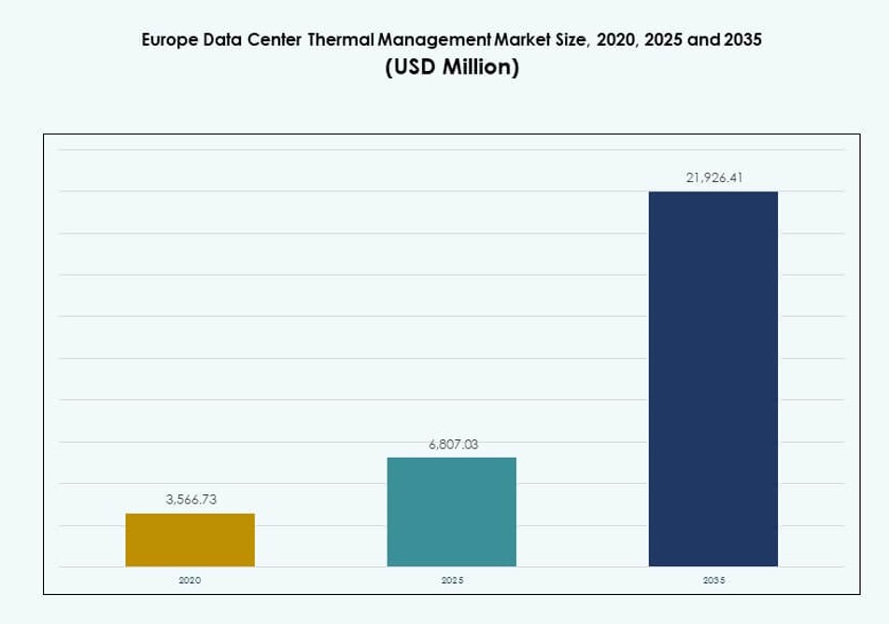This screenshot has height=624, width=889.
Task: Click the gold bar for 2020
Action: [x=190, y=540]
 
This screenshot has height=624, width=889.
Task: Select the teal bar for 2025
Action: [x=451, y=512]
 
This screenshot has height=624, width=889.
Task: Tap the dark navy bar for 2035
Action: [x=713, y=378]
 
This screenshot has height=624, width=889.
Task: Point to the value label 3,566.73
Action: [x=190, y=500]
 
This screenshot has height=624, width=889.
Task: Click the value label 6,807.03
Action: [x=453, y=445]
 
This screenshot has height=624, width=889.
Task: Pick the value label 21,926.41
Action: [x=713, y=177]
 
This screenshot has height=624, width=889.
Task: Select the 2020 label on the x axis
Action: [x=190, y=580]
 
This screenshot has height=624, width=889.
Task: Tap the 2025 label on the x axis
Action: [x=452, y=580]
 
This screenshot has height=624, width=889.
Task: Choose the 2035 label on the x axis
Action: [x=713, y=580]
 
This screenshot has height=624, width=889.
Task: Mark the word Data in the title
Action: [x=220, y=40]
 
